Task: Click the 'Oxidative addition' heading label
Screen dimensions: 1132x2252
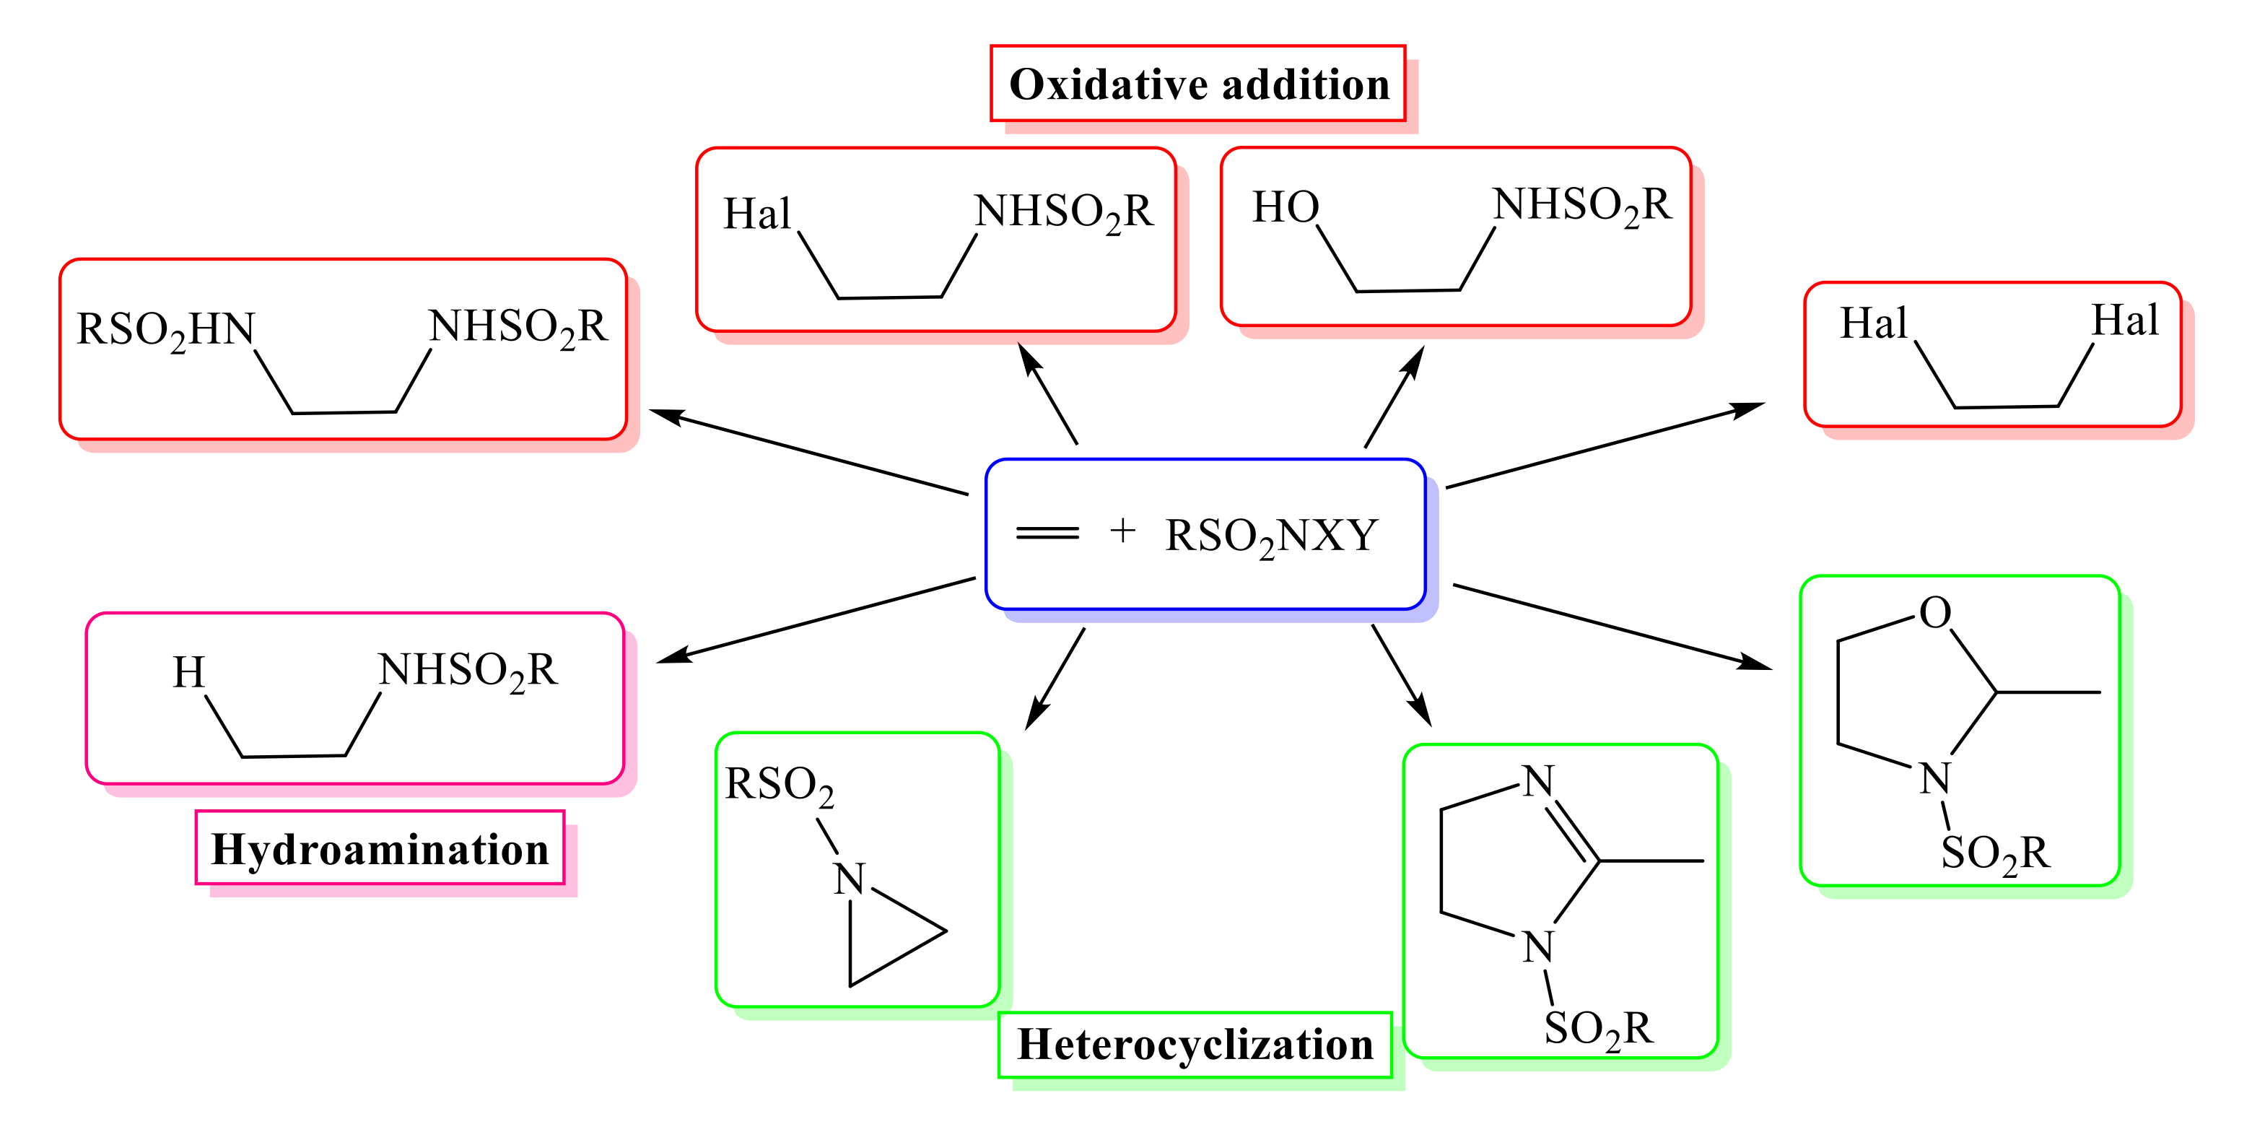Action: [1199, 84]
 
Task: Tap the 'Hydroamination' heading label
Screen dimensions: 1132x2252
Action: [380, 849]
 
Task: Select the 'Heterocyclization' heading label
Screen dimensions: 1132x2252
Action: [1195, 1045]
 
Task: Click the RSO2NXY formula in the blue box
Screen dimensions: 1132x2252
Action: [1271, 536]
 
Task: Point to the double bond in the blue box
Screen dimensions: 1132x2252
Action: [1047, 532]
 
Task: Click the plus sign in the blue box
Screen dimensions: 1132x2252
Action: [1122, 530]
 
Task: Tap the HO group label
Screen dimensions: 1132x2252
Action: [1285, 207]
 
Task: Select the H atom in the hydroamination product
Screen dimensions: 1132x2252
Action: [189, 672]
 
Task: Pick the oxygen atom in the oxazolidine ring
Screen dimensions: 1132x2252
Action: [1934, 613]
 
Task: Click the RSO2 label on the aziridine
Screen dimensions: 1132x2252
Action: [779, 784]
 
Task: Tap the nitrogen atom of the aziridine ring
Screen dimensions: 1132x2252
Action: [849, 879]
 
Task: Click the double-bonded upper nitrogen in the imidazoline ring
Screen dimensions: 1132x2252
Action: [1537, 780]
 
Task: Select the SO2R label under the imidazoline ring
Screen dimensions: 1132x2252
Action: [1598, 1029]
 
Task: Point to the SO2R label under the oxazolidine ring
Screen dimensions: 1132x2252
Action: [1995, 853]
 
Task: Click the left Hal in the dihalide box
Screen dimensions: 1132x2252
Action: [1872, 323]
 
